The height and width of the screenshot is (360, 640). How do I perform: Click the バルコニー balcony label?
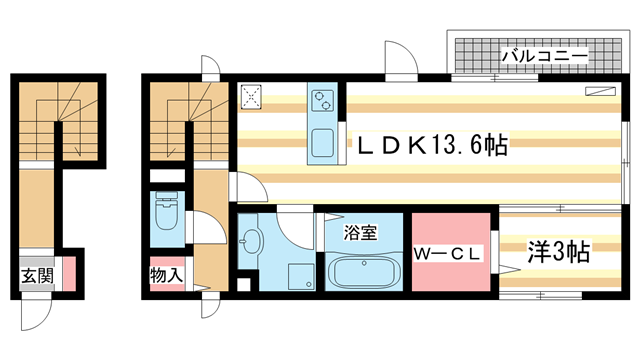pos(543,55)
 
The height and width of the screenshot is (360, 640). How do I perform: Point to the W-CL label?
pos(449,253)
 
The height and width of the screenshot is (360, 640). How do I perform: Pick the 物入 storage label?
pos(166,272)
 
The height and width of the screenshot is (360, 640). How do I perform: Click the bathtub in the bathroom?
pos(363,273)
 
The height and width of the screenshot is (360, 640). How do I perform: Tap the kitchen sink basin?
pos(324,142)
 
